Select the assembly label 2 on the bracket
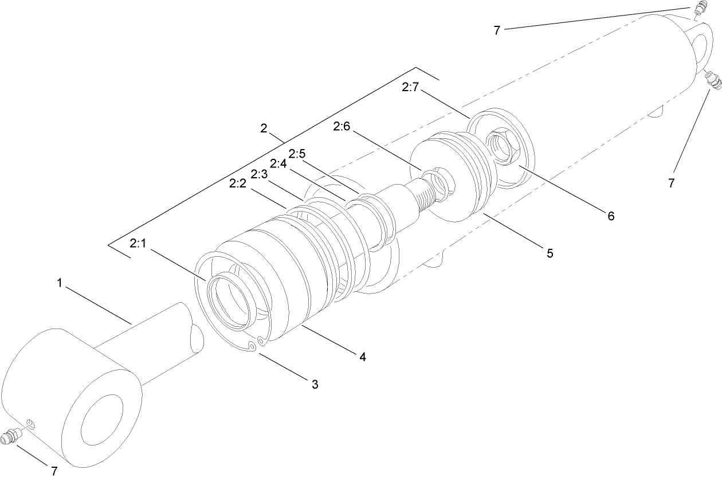(264, 128)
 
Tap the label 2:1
(139, 244)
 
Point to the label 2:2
(238, 183)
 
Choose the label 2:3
(259, 174)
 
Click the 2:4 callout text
(279, 163)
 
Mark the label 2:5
(298, 154)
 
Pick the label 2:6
(342, 127)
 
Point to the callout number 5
(549, 253)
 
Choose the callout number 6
(611, 216)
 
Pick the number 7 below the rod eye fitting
(54, 471)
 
